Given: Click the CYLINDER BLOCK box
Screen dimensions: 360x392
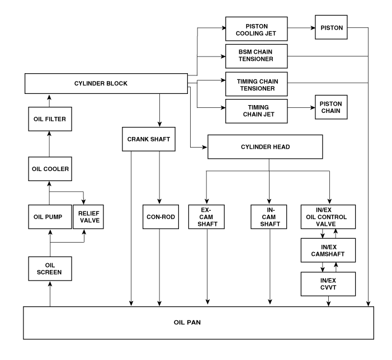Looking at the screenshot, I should [x=106, y=84].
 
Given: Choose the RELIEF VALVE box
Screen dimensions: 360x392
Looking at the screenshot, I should [x=88, y=216].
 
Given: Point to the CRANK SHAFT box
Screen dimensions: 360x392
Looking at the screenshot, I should [x=145, y=139].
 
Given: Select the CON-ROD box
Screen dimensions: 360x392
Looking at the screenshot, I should [x=160, y=216].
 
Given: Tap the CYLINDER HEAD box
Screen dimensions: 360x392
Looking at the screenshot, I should [x=266, y=146].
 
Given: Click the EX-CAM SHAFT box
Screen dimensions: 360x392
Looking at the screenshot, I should [x=207, y=216].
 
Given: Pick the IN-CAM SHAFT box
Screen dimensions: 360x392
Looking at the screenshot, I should [x=270, y=216].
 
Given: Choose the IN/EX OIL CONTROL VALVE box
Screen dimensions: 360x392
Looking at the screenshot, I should [x=328, y=216].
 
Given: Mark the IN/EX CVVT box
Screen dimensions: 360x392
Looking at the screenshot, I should [x=328, y=284].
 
